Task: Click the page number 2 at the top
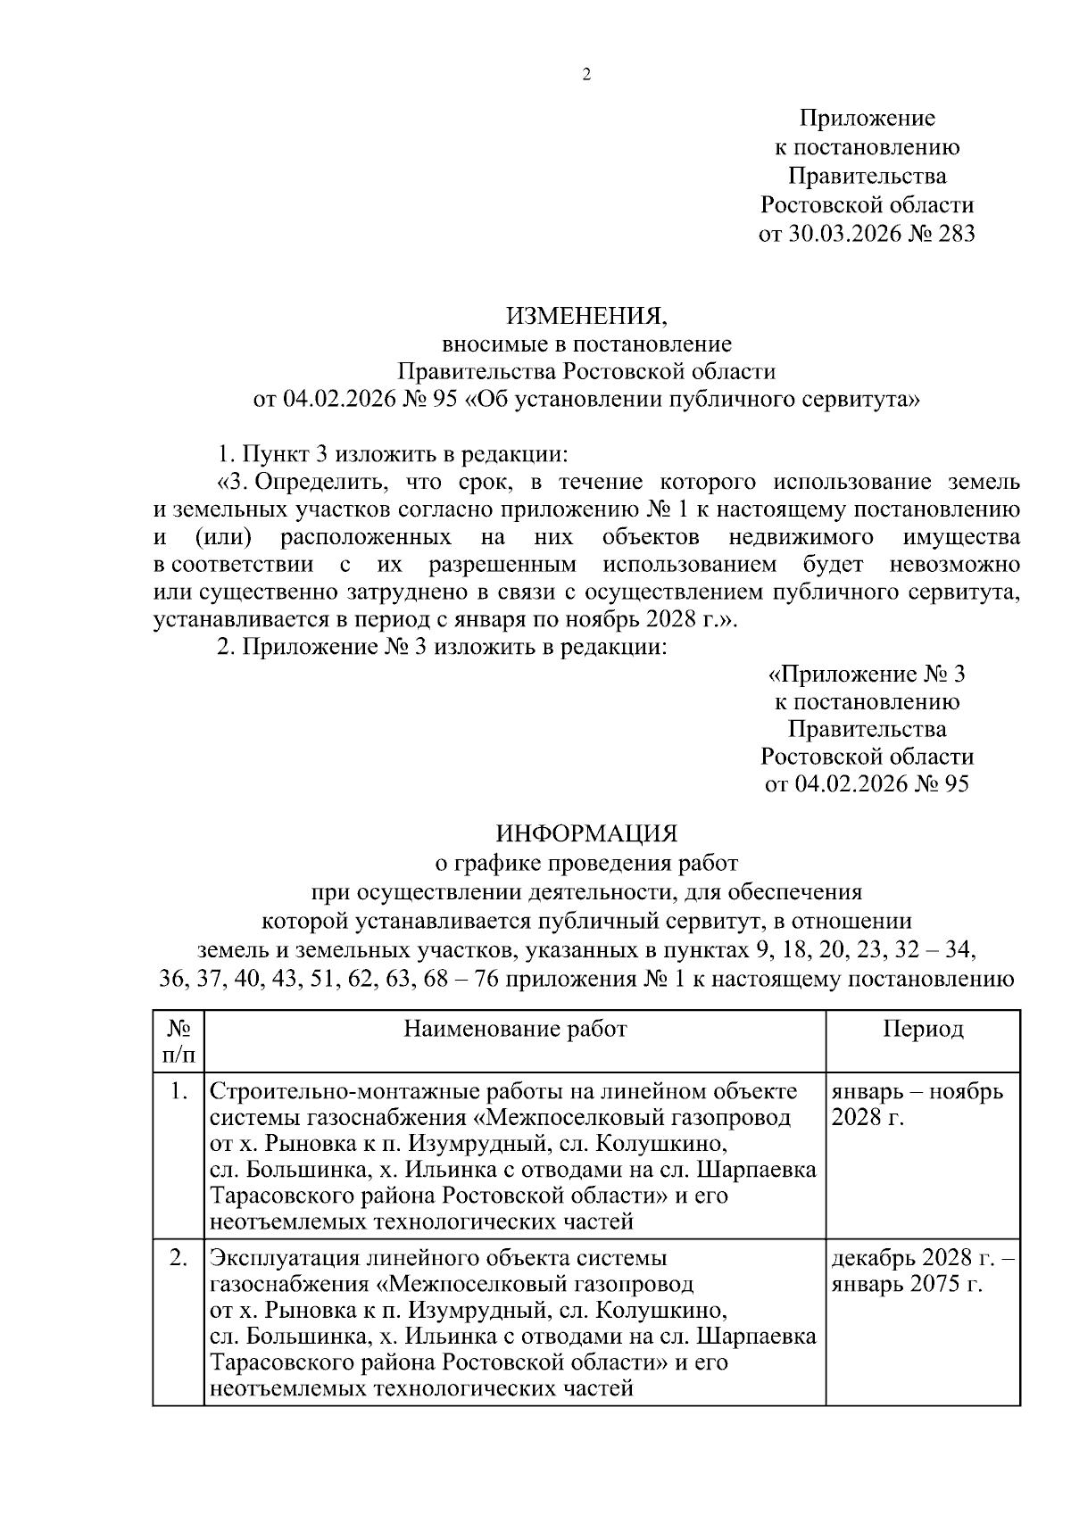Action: (586, 75)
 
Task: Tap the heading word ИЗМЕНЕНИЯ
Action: (586, 315)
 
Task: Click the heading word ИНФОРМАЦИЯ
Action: (586, 833)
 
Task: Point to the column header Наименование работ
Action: (515, 1029)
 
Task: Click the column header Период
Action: (923, 1029)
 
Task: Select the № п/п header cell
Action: (178, 1041)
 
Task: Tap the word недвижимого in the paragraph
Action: (800, 538)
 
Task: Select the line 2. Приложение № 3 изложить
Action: (443, 647)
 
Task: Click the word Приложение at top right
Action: (867, 118)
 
